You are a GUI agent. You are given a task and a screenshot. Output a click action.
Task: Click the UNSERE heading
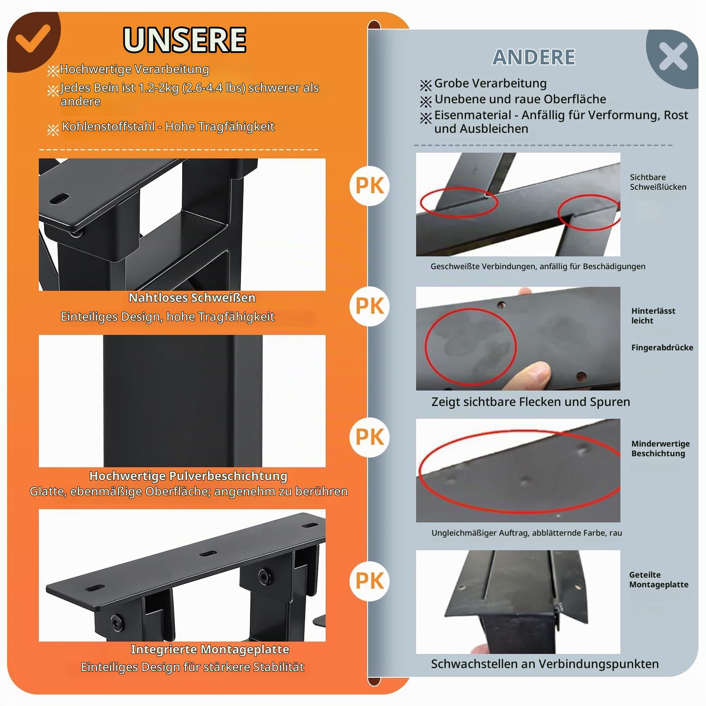point(184,40)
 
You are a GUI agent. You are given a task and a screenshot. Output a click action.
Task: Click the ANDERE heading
point(534,57)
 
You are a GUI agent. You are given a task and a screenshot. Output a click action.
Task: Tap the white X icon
point(673,56)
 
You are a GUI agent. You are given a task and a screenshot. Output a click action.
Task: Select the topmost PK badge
point(370,186)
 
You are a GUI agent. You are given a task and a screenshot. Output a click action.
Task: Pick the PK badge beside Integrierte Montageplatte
point(370,581)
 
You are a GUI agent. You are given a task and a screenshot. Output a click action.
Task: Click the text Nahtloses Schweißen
point(192,298)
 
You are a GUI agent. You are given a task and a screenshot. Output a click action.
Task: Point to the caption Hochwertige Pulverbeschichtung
point(188,476)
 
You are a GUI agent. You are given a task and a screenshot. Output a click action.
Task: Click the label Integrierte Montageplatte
point(210,650)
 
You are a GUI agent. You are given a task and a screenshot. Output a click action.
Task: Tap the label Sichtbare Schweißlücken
point(658,182)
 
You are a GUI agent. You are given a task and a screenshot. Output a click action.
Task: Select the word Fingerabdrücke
point(662,347)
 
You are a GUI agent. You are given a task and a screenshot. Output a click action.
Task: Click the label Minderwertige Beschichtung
point(660,448)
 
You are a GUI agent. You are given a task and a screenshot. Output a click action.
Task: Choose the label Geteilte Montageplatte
point(658,579)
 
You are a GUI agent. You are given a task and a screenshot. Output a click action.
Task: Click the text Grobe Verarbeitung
point(490,83)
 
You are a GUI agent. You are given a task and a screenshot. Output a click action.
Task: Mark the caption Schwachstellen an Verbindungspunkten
point(545,664)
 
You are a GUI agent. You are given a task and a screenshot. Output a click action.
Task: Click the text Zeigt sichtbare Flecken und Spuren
point(531,402)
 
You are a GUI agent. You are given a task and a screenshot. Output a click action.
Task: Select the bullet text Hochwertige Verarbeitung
point(134,69)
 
